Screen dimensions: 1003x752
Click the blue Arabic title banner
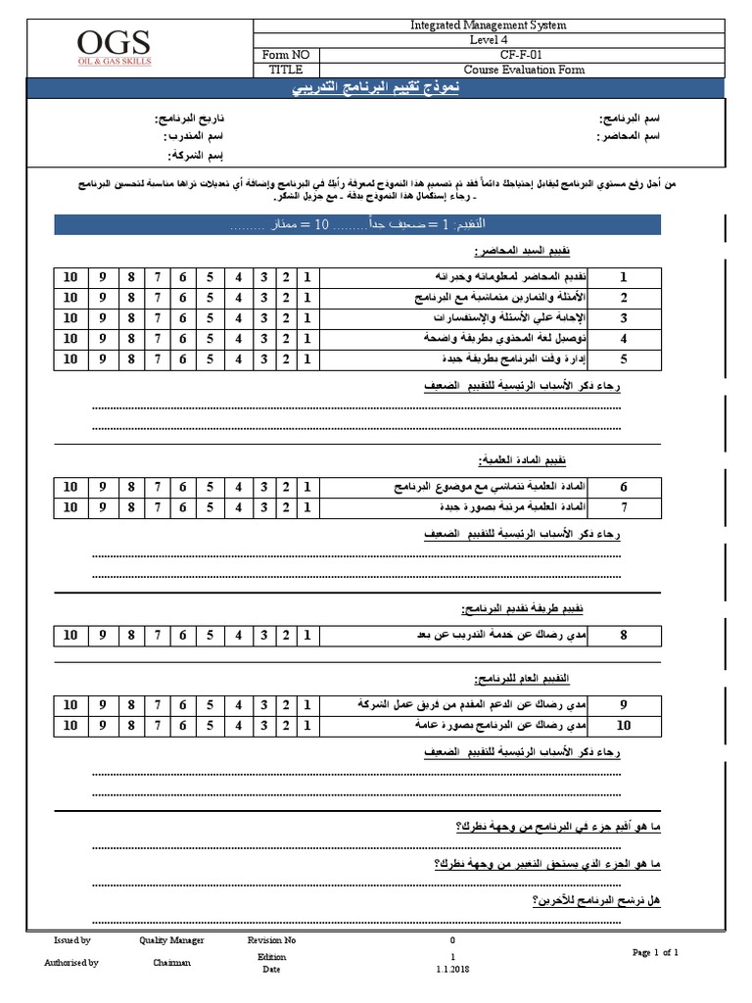(375, 91)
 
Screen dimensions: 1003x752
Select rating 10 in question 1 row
(70, 276)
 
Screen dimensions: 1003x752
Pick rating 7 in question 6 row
(157, 486)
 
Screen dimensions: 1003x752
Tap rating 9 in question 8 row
(103, 636)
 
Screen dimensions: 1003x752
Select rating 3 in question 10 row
(263, 725)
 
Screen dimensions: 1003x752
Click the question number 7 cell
(624, 507)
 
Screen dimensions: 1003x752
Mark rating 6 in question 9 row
(182, 704)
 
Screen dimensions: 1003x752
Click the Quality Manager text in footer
(171, 940)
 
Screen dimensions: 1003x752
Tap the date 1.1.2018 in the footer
(452, 970)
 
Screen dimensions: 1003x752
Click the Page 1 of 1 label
(655, 952)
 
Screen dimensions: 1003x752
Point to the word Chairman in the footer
(171, 963)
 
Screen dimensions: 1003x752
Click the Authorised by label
(71, 963)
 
